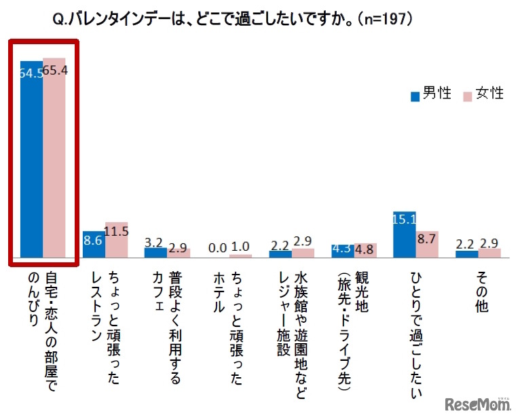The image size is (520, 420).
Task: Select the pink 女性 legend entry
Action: pyautogui.click(x=482, y=94)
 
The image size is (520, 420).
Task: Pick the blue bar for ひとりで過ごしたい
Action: pyautogui.click(x=404, y=234)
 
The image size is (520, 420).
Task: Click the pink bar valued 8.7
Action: pyautogui.click(x=427, y=244)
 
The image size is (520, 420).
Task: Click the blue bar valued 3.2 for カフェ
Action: pyautogui.click(x=155, y=253)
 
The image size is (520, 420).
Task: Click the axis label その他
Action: pyautogui.click(x=478, y=292)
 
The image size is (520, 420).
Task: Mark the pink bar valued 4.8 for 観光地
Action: pyautogui.click(x=365, y=251)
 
